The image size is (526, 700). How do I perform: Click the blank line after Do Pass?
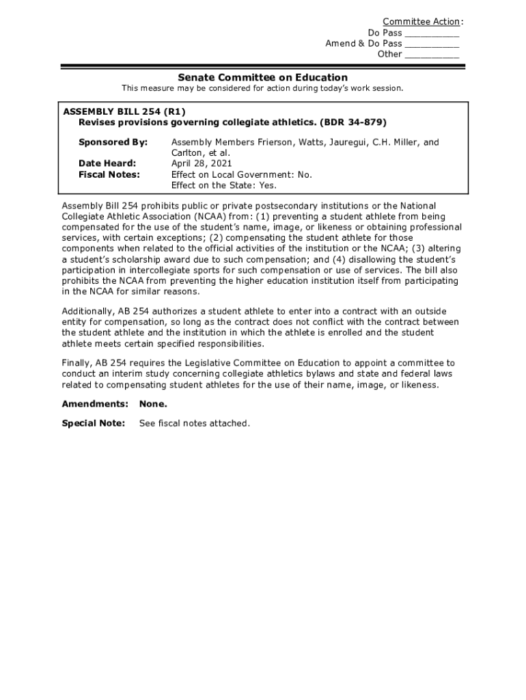[432, 33]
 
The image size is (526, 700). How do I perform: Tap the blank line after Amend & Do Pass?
[432, 44]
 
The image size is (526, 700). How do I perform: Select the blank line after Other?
[432, 55]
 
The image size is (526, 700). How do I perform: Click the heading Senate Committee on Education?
[263, 78]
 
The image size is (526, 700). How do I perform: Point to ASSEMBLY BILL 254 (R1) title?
[124, 111]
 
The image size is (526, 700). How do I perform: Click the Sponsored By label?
[113, 142]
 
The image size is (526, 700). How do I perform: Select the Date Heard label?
[107, 163]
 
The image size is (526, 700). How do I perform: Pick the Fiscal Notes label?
[109, 174]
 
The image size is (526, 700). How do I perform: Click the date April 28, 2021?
[202, 163]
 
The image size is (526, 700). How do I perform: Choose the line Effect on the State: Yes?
[223, 185]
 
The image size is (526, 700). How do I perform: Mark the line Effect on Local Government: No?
[241, 174]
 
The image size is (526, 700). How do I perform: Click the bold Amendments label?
[95, 404]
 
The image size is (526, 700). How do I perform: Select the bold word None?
[153, 404]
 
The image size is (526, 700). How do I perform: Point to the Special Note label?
[94, 423]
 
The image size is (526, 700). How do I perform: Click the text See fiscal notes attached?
[195, 423]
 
